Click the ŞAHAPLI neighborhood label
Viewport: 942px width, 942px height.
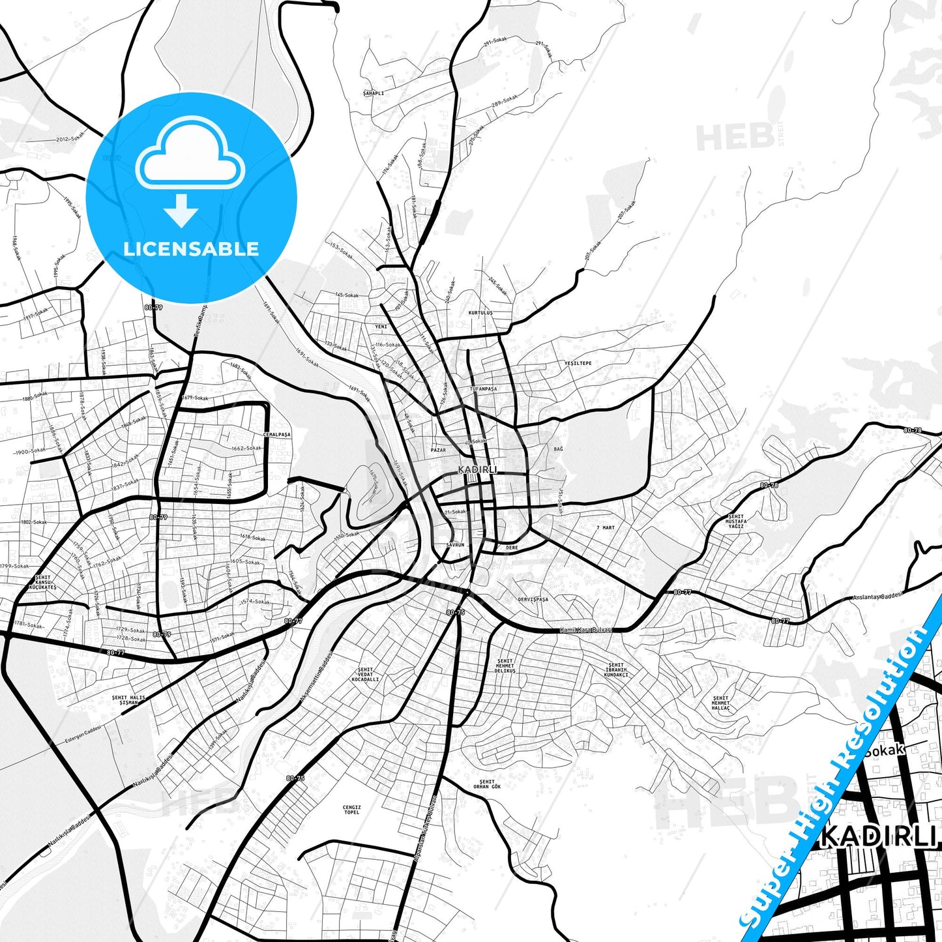coord(374,93)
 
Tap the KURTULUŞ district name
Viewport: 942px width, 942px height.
coord(480,313)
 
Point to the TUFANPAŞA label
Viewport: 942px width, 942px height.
coord(483,389)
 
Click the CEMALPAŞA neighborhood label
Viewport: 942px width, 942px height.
coord(276,434)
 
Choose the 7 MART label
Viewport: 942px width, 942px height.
coord(606,527)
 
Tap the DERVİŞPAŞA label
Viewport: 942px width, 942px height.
coord(533,599)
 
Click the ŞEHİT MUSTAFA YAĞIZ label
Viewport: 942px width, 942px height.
coord(737,522)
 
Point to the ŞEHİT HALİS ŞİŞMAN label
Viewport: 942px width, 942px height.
coord(128,700)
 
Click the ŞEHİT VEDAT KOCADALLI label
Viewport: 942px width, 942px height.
coord(365,674)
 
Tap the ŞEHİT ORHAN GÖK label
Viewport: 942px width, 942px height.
coord(487,784)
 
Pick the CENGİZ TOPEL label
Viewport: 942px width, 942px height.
coord(351,810)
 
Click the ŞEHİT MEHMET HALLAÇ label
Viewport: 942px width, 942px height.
coord(720,703)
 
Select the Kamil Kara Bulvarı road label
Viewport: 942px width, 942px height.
coord(587,630)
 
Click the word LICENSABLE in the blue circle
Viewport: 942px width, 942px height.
coord(191,248)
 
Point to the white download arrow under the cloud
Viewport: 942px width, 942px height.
coord(181,210)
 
